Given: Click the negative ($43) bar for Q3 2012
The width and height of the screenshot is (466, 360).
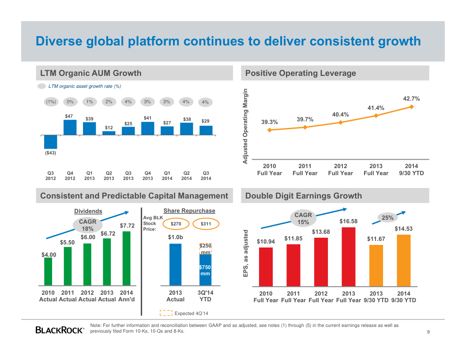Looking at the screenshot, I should (51, 142).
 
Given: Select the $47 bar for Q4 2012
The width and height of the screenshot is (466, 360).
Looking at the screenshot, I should (70, 127).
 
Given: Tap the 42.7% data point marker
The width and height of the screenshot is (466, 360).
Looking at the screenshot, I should (411, 106).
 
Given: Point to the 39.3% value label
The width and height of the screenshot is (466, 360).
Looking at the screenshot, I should (269, 122).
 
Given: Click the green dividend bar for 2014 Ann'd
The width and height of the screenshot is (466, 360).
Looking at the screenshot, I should (127, 259).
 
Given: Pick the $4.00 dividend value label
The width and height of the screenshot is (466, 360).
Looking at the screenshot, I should (49, 255).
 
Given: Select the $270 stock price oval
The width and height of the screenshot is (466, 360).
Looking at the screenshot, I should (176, 224).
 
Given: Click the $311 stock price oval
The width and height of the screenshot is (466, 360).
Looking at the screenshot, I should (206, 224).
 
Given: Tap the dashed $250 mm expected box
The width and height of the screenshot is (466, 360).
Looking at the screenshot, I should (205, 249).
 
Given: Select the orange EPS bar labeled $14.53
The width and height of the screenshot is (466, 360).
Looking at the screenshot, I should (403, 260).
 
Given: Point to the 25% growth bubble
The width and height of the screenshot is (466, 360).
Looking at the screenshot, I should (387, 217).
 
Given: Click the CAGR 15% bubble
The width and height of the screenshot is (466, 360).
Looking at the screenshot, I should (303, 218).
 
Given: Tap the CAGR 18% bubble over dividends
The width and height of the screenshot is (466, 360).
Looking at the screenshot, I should (87, 225).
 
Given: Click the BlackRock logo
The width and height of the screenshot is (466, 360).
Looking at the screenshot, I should (60, 330).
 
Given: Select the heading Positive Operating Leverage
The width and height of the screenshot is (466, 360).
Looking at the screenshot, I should (301, 73).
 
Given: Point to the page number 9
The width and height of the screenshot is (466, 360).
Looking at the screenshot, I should (428, 332).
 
